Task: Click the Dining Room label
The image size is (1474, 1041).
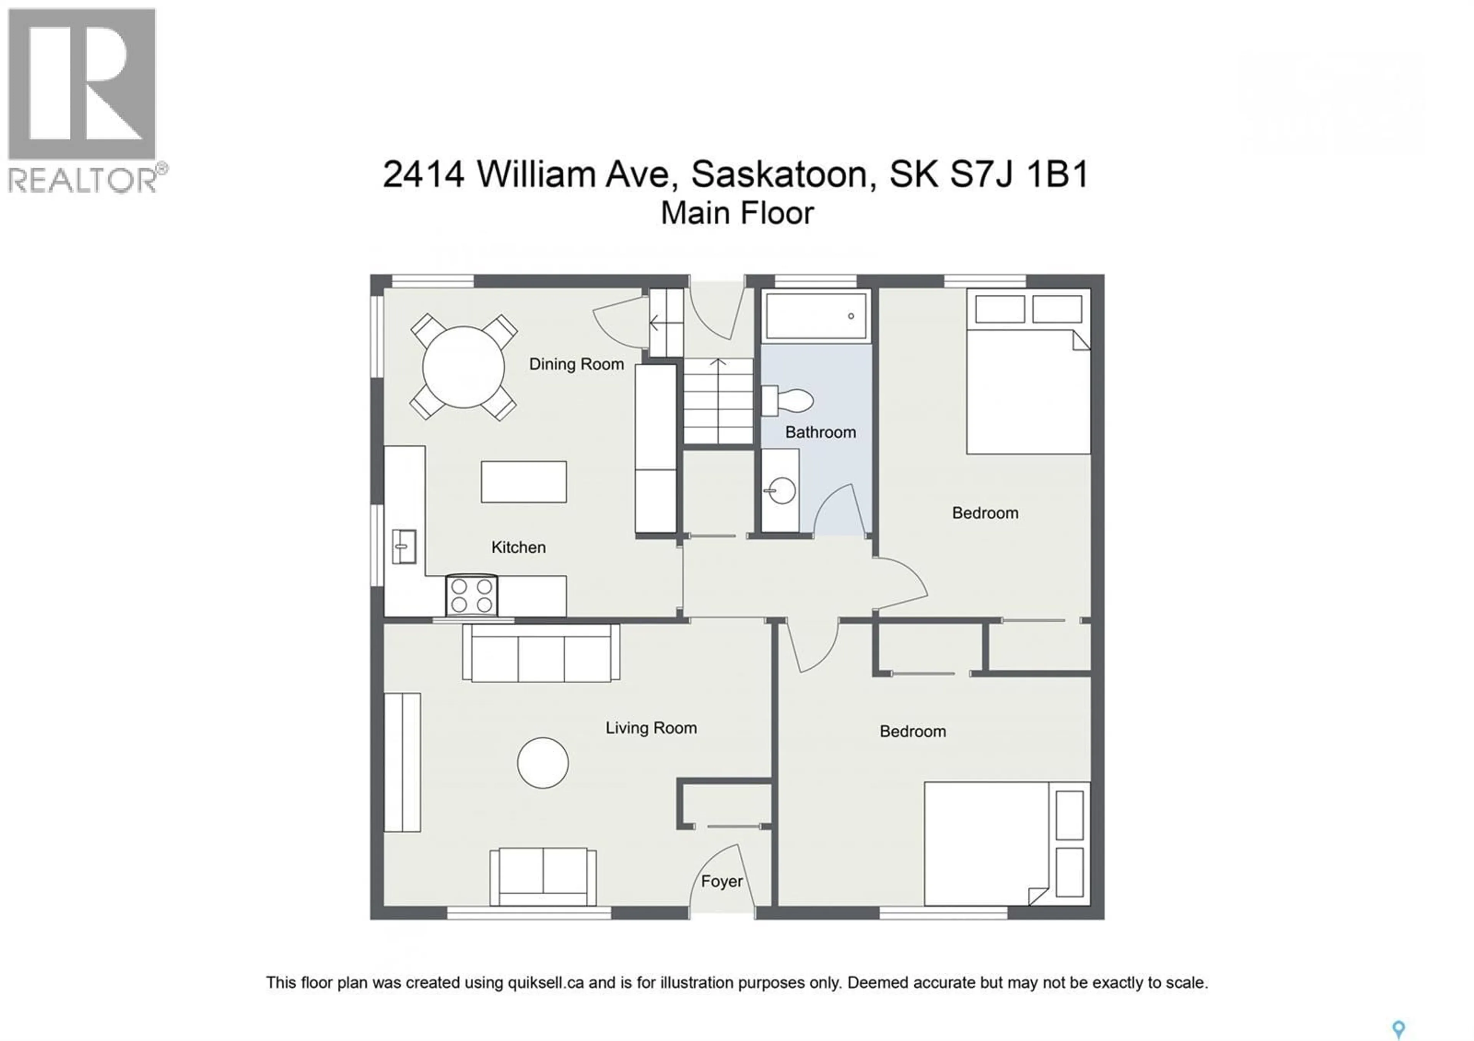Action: click(x=576, y=365)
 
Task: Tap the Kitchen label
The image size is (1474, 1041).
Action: click(x=518, y=547)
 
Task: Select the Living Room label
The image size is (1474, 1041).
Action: click(x=651, y=728)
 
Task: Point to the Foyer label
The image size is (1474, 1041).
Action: click(x=722, y=881)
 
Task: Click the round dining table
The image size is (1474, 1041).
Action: click(x=463, y=367)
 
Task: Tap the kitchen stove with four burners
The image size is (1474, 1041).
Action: click(x=471, y=596)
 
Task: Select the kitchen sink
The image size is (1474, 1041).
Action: click(x=403, y=547)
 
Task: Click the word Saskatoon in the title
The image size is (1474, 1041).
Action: click(x=778, y=174)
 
